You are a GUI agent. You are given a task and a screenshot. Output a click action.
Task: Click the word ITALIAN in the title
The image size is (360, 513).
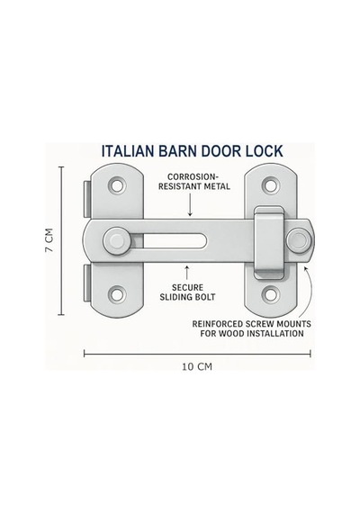128,151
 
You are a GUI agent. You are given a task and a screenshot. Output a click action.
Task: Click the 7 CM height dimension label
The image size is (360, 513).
49,240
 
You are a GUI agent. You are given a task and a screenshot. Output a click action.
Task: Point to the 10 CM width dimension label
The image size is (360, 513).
197,367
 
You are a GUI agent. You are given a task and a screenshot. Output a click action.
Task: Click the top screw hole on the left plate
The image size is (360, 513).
117,185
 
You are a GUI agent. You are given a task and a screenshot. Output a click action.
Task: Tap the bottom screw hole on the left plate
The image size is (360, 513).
117,294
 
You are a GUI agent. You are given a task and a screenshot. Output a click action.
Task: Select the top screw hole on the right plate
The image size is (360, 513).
271,185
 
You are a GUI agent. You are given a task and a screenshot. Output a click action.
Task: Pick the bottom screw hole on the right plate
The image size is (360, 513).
271,294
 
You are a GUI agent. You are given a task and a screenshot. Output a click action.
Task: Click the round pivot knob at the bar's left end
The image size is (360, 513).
117,241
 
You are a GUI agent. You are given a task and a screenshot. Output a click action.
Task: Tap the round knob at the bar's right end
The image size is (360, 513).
299,239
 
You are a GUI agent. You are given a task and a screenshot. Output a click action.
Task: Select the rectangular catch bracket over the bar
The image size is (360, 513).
269,243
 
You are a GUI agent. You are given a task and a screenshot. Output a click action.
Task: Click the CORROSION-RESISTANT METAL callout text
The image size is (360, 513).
194,182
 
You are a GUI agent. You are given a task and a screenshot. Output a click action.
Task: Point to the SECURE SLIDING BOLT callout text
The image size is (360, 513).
187,292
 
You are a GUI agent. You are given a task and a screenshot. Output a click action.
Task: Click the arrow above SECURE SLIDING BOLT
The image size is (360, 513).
187,272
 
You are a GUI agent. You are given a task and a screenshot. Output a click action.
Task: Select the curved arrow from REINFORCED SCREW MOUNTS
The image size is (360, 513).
310,292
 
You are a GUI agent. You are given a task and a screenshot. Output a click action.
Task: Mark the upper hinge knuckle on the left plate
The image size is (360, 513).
87,199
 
